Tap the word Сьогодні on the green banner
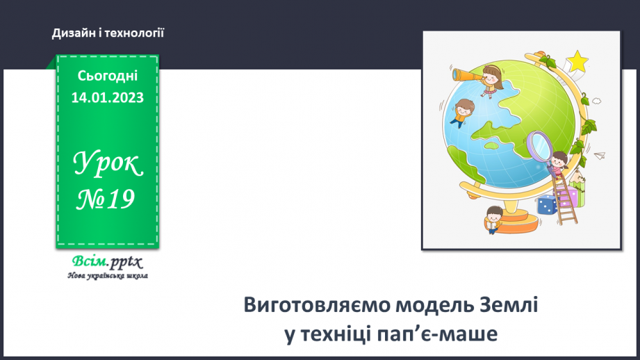click(107, 76)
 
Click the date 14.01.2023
click(107, 97)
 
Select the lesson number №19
click(106, 200)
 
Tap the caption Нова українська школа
click(107, 276)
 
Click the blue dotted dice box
click(546, 205)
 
